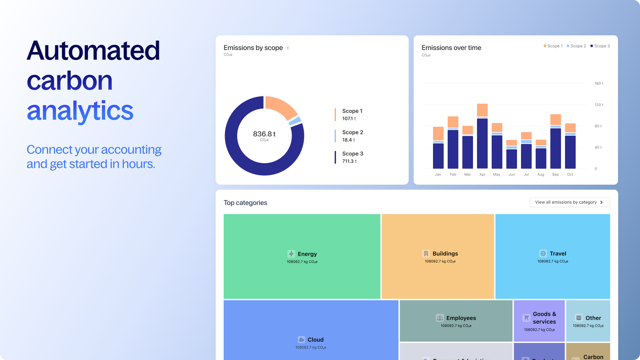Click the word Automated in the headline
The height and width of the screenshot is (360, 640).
point(93,51)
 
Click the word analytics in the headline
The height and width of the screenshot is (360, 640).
point(80,111)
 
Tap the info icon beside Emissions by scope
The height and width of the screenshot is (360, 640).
point(288,48)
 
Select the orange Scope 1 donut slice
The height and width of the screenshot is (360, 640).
point(280,106)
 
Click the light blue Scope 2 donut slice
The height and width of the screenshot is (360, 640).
point(295,121)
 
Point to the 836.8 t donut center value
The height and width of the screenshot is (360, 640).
point(264,134)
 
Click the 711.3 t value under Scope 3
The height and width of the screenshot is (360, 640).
point(349,161)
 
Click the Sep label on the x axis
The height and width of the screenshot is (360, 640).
point(555,175)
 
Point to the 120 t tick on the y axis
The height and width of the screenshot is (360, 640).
point(599,105)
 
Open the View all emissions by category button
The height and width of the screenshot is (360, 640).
point(570,202)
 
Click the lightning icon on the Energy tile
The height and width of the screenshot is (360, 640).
point(291,254)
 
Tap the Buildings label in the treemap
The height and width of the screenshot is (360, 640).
point(445,254)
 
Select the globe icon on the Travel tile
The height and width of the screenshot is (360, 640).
point(543,254)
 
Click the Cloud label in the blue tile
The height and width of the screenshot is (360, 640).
point(315,340)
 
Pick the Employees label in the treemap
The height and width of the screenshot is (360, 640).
point(461,318)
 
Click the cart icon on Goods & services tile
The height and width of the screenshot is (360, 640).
point(526,318)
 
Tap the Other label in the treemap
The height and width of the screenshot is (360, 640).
point(593,318)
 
